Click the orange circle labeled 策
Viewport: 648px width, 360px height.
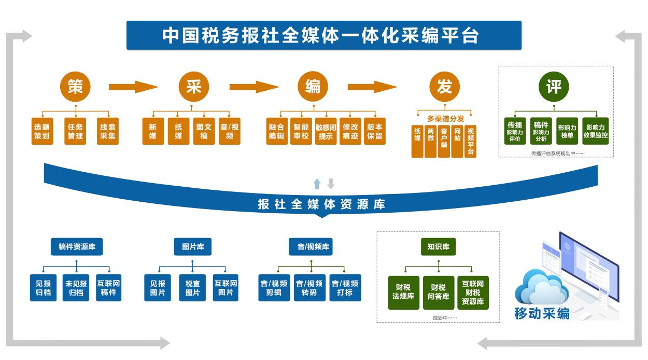pos(75,87)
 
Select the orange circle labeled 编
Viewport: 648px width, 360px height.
pos(313,87)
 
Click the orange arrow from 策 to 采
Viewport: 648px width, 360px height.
pos(133,87)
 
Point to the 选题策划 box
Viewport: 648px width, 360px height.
pos(41,132)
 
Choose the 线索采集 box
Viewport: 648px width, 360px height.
pos(108,132)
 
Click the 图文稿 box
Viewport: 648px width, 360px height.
pos(204,132)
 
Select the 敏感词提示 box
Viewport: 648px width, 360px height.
pos(326,132)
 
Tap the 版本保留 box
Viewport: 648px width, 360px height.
pos(374,132)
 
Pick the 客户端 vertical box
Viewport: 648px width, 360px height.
pos(444,141)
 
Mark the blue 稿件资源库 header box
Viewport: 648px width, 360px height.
pos(77,247)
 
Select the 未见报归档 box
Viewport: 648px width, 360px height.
pos(76,288)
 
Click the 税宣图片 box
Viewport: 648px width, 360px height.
pos(192,288)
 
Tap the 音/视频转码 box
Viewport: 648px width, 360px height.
pos(309,288)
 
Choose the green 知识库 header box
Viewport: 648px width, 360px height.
pos(438,247)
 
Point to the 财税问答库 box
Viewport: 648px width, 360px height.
pos(438,292)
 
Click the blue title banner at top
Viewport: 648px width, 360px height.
pos(323,35)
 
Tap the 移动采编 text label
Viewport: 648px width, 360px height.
pos(541,313)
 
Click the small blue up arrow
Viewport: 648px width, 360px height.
pos(317,184)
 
